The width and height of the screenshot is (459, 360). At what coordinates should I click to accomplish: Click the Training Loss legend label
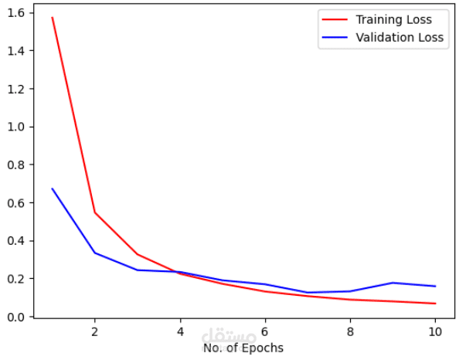point(394,20)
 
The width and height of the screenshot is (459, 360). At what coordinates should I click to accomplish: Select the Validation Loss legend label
point(399,37)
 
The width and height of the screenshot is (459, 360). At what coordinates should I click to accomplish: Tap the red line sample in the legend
point(335,19)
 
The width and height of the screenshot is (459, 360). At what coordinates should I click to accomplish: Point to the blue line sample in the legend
point(335,37)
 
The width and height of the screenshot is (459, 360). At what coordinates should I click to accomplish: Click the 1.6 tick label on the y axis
point(16,13)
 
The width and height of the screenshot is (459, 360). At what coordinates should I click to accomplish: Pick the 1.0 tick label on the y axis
point(16,127)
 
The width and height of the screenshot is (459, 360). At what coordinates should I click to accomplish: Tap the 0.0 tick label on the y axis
point(16,317)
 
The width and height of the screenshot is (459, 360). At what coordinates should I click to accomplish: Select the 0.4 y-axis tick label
point(16,241)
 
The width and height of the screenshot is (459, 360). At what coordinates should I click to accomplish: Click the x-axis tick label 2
point(94,332)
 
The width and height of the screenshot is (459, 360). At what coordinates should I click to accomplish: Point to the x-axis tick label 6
point(265,332)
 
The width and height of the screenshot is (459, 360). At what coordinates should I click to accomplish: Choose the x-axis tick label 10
point(435,332)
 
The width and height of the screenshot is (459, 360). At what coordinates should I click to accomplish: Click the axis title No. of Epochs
point(243,348)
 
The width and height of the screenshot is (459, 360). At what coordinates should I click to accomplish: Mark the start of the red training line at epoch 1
point(52,17)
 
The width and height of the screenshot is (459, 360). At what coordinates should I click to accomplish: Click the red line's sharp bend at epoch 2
point(94,212)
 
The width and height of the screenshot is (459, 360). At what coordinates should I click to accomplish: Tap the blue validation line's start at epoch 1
point(52,188)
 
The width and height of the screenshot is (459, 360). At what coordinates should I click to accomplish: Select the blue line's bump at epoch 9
point(393,283)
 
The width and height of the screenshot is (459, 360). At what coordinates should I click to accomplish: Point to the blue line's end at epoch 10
point(435,287)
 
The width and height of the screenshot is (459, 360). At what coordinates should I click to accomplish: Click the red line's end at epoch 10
point(435,304)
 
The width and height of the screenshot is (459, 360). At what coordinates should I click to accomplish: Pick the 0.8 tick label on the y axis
point(16,165)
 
